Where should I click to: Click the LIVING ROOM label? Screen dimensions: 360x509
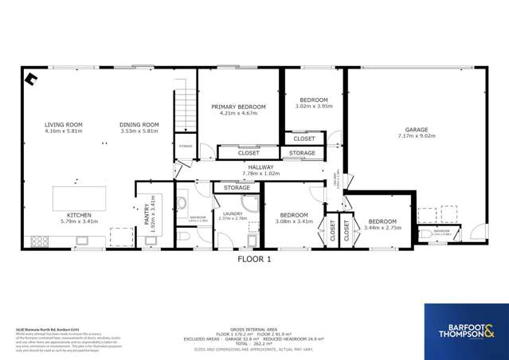pyautogui.click(x=63, y=125)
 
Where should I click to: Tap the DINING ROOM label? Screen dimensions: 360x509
pyautogui.click(x=139, y=125)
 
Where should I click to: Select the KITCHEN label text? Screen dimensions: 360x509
pyautogui.click(x=77, y=214)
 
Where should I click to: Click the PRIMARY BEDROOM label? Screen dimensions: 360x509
pyautogui.click(x=238, y=107)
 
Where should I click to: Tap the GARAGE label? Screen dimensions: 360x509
pyautogui.click(x=416, y=129)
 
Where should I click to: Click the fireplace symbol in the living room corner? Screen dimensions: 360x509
pyautogui.click(x=31, y=78)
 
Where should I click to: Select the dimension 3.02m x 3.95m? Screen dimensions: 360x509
pyautogui.click(x=313, y=105)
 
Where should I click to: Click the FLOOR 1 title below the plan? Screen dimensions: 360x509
pyautogui.click(x=255, y=259)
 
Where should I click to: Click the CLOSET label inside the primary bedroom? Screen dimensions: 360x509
pyautogui.click(x=248, y=152)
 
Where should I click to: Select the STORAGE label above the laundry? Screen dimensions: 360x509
pyautogui.click(x=237, y=188)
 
